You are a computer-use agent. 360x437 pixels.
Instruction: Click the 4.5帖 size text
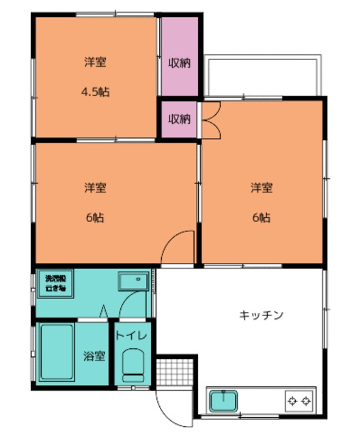(96, 92)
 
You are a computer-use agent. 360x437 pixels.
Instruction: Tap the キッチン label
(261, 315)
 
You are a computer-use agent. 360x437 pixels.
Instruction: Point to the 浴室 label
(94, 356)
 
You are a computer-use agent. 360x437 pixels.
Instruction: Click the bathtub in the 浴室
(57, 354)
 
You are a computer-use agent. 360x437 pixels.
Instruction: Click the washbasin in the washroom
(133, 281)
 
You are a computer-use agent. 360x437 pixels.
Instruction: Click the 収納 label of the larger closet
(180, 63)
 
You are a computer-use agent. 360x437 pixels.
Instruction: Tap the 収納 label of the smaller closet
(180, 119)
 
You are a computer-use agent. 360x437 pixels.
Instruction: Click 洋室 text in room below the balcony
(261, 188)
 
